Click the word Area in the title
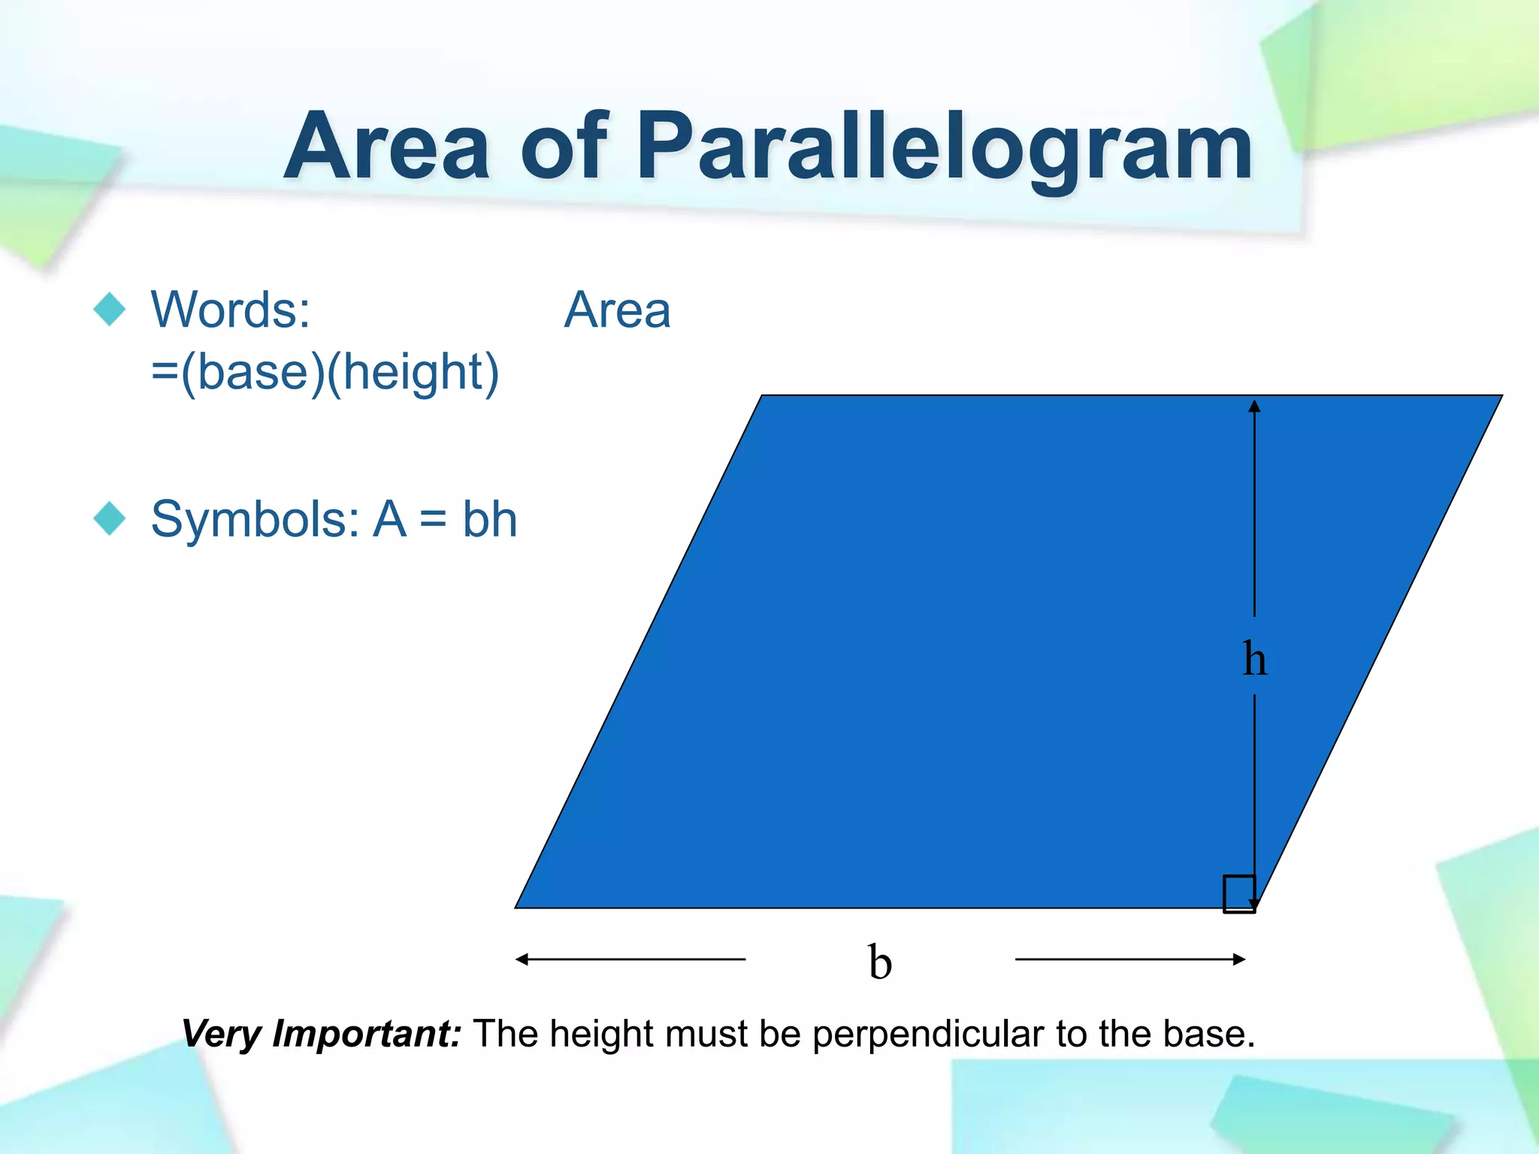(388, 147)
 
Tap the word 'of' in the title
(563, 147)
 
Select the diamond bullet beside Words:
(110, 309)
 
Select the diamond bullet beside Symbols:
(110, 518)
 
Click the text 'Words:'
(231, 310)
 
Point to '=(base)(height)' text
(325, 372)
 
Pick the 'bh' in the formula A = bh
(489, 519)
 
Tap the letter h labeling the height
(1254, 659)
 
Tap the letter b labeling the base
(880, 962)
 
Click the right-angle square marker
(1238, 893)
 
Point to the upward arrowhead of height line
(1254, 406)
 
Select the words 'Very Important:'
(322, 1034)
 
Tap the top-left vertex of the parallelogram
(762, 396)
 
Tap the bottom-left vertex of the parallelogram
(516, 908)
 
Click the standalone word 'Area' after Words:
(617, 310)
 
